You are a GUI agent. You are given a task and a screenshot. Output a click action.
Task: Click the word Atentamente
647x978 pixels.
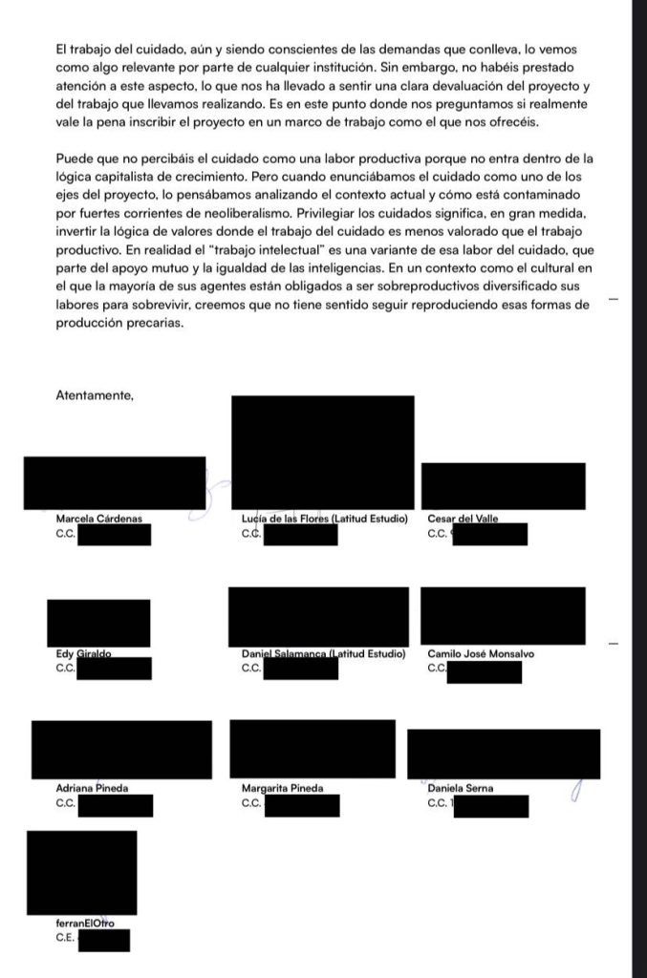95,393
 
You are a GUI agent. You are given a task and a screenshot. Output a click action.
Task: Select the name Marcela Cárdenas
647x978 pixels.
98,518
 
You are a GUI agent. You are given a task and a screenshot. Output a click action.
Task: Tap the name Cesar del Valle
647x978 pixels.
464,518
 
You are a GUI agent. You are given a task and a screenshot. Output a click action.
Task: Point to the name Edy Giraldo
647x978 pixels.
84,653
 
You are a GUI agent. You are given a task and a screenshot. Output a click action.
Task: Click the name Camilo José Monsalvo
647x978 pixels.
481,653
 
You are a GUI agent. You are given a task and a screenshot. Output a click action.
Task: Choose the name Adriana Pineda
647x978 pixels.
92,789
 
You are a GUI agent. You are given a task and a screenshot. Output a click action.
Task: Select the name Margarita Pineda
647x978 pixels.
283,789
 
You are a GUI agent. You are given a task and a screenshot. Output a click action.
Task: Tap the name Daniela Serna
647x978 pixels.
461,789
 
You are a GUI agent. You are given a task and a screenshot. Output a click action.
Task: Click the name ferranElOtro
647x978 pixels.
86,925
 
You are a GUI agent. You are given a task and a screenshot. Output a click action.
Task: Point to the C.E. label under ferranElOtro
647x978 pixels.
66,938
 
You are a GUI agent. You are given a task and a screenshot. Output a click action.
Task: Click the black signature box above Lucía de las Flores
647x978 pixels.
323,453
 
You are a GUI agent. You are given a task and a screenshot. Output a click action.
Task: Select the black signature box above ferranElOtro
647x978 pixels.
81,873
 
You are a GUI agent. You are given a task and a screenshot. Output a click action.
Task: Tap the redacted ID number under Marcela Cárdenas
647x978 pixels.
114,534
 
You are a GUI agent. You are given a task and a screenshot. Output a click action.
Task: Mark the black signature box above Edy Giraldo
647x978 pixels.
98,623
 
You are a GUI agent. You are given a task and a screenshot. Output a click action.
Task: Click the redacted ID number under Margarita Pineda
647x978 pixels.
302,805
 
